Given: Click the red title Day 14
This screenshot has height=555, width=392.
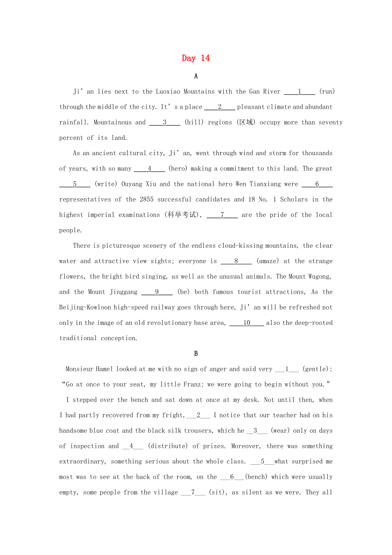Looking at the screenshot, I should [196, 58].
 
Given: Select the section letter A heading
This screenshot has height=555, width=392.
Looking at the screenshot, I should [196, 76].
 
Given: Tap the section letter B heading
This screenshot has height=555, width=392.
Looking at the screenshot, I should [196, 353].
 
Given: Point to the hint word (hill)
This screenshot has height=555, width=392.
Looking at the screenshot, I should [194, 122].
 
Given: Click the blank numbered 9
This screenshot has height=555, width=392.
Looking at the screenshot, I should [157, 292].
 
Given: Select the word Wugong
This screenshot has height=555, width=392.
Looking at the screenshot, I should [318, 276].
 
